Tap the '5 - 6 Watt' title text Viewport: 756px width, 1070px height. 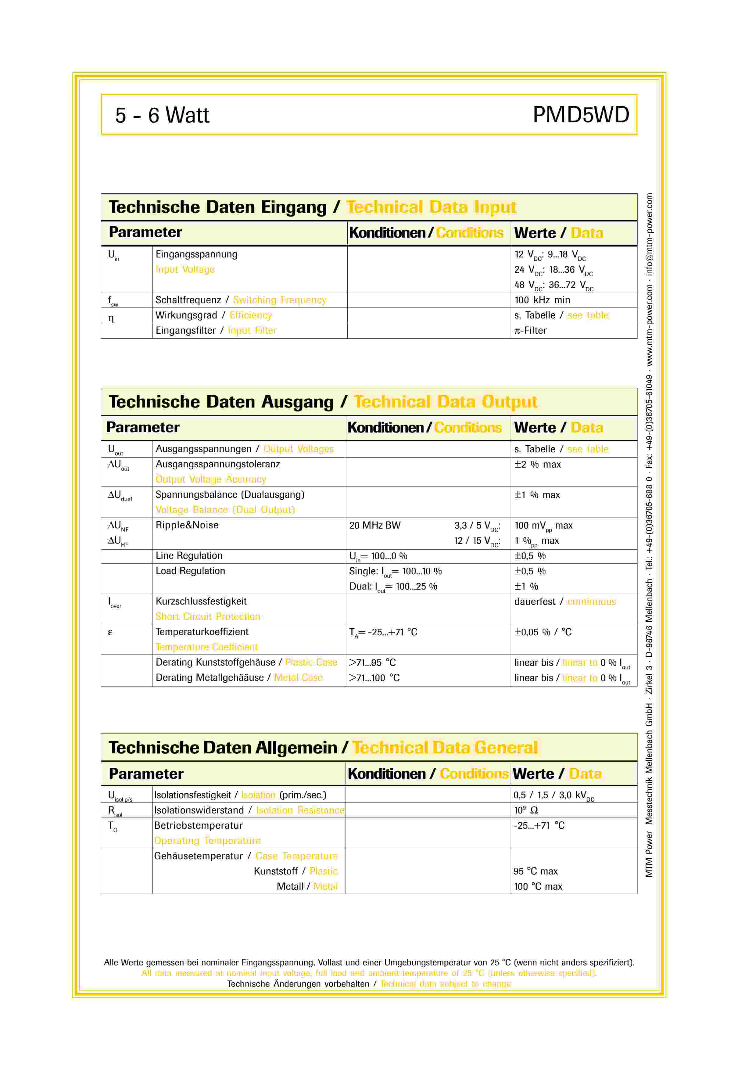pyautogui.click(x=162, y=115)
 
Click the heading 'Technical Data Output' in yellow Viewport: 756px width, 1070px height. pyautogui.click(x=445, y=402)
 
